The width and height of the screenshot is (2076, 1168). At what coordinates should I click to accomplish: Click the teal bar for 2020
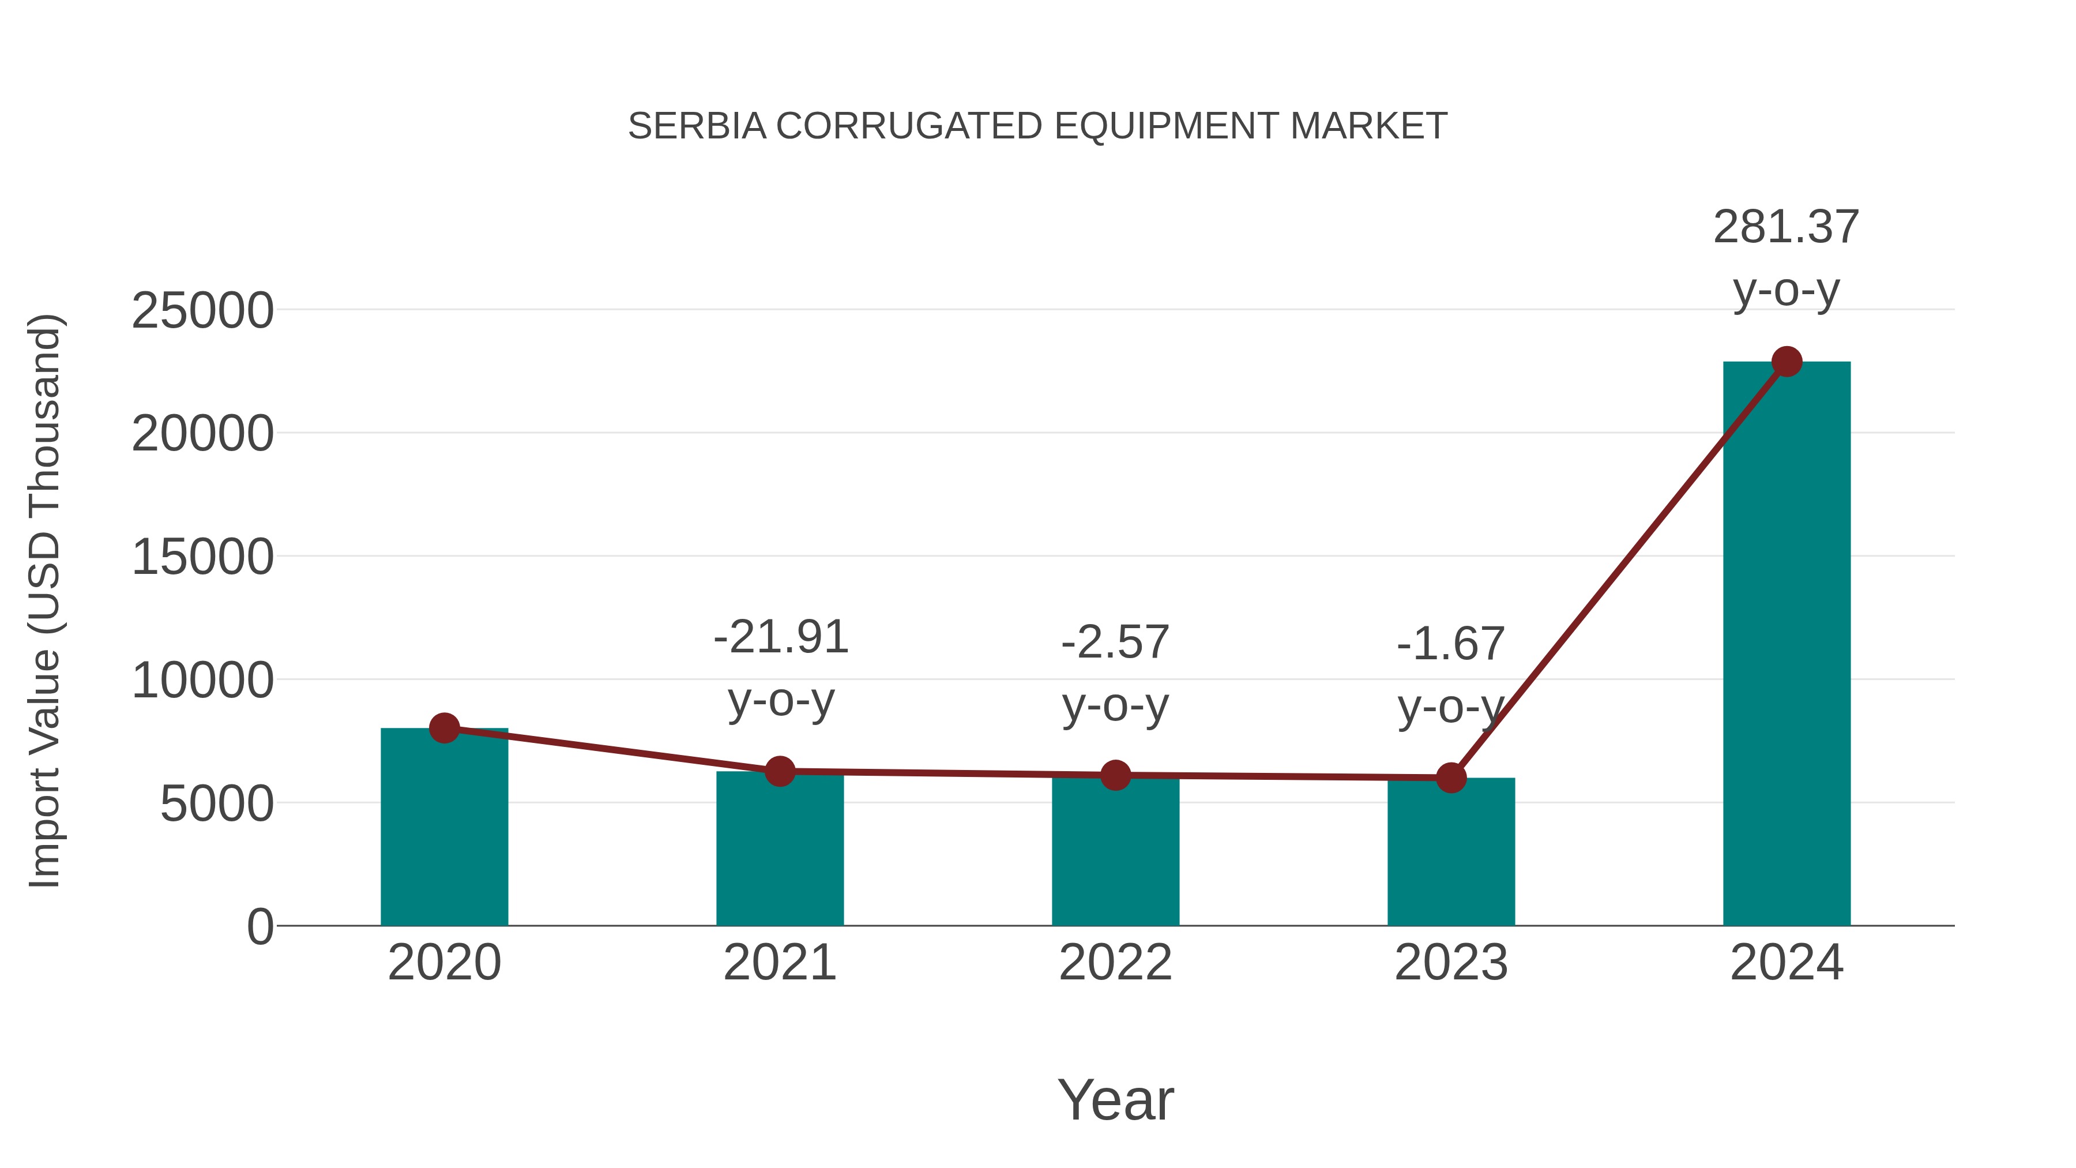(x=444, y=830)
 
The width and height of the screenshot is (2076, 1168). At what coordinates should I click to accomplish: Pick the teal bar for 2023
(x=1451, y=854)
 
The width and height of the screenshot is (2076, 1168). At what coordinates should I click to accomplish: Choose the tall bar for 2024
(x=1787, y=645)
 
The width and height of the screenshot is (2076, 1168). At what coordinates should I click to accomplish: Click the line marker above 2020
(x=444, y=728)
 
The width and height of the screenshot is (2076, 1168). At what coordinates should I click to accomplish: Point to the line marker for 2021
(x=779, y=771)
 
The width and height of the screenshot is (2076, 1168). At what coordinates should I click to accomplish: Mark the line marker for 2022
(x=1115, y=775)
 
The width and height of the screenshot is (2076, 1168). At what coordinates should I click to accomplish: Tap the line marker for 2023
(x=1451, y=778)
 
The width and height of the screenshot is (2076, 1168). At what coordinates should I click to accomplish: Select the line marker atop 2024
(x=1787, y=362)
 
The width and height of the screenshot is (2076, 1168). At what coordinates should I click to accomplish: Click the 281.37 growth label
(x=1786, y=227)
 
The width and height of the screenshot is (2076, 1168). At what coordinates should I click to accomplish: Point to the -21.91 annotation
(x=781, y=637)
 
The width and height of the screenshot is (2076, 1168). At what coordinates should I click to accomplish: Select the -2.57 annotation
(x=1115, y=643)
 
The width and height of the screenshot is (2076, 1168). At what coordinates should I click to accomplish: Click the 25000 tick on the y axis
(x=202, y=311)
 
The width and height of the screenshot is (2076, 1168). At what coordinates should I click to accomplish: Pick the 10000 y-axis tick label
(x=202, y=681)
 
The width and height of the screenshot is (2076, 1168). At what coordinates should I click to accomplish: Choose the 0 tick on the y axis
(x=259, y=927)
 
